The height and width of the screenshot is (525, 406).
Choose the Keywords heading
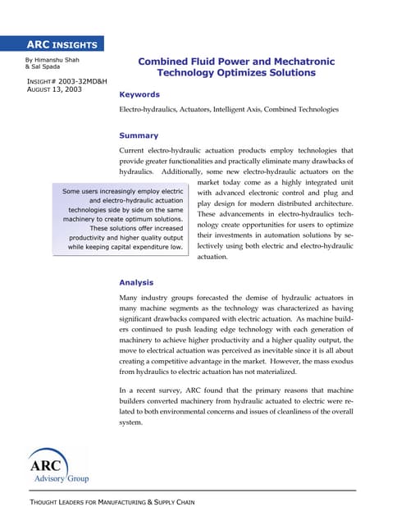139,95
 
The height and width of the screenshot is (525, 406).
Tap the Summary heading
139,135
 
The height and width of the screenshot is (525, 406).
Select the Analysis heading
136,282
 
